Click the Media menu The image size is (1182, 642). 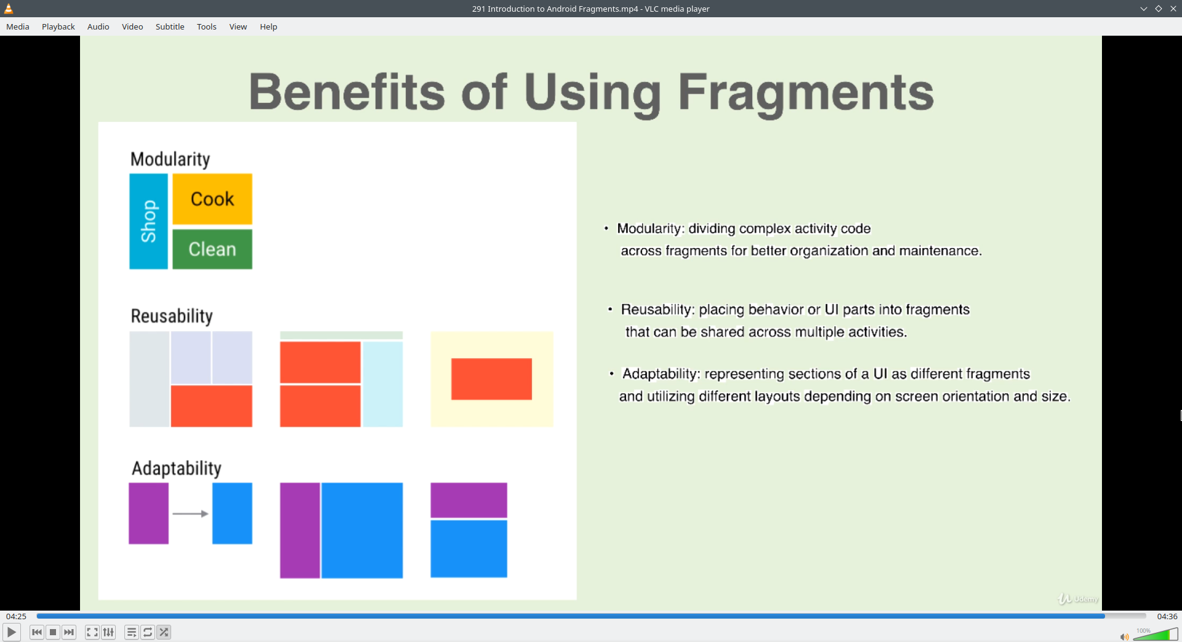18,26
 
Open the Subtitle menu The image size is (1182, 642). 170,26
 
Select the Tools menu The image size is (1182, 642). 207,26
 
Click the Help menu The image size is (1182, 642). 268,26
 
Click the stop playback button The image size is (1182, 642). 53,632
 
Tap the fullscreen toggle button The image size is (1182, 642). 92,632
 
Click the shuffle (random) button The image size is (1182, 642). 164,632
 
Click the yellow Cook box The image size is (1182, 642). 212,199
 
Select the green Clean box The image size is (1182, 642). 212,249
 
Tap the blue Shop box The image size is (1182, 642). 148,221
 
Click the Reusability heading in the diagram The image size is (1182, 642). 172,316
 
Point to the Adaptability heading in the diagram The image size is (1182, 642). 177,468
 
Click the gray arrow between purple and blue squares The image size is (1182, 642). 190,513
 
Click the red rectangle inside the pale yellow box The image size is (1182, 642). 491,379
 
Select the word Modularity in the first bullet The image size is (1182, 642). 649,229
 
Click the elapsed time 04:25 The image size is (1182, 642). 17,616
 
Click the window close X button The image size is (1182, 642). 1173,9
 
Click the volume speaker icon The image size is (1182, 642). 1124,636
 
